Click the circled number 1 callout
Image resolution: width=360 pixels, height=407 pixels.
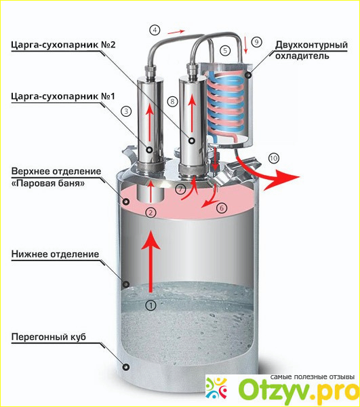[x=151, y=305]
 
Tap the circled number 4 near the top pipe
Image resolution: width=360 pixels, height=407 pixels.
[x=155, y=30]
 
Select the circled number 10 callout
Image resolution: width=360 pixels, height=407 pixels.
[x=274, y=158]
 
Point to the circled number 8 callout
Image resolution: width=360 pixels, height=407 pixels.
[x=172, y=101]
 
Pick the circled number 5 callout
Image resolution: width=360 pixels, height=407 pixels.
[x=225, y=50]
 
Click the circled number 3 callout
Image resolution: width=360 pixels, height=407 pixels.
[x=126, y=111]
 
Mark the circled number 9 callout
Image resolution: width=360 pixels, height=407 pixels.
[x=256, y=42]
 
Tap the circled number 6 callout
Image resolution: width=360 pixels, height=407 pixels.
[x=222, y=208]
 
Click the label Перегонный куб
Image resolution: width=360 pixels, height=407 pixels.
[x=49, y=337]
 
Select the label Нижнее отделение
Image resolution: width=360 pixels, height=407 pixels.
[x=55, y=254]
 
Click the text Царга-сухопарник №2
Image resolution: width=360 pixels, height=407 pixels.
[x=63, y=45]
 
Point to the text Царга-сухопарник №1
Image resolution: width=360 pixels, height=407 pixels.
[x=63, y=96]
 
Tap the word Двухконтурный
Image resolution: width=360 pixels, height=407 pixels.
[x=311, y=45]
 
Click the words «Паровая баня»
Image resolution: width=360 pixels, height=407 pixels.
[x=48, y=184]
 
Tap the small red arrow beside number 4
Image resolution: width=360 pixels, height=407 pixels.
[x=176, y=32]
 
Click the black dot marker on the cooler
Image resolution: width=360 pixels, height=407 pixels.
[x=248, y=75]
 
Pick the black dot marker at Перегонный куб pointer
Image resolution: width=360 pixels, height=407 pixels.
[x=126, y=367]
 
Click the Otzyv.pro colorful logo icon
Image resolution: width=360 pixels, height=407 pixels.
[x=216, y=389]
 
